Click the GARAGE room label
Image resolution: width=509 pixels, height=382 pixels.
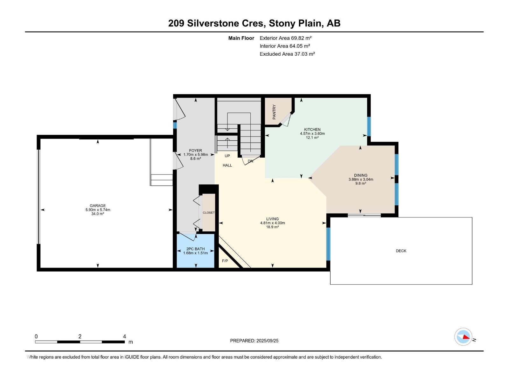[x=98, y=206]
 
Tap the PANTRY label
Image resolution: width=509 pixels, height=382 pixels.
[x=274, y=112]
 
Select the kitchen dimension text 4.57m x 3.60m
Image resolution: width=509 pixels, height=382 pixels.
[x=312, y=134]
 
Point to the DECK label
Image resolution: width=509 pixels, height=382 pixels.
[x=401, y=251]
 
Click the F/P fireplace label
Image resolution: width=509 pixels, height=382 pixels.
[x=225, y=261]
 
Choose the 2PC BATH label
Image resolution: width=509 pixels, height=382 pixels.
[x=195, y=249]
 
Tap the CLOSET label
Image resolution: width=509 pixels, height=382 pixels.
[x=209, y=213]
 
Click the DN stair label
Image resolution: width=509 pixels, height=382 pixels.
[x=250, y=161]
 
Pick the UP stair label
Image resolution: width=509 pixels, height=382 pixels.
[x=227, y=156]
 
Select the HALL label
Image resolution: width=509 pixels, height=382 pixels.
[x=227, y=165]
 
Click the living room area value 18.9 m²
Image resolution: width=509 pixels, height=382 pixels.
[x=272, y=227]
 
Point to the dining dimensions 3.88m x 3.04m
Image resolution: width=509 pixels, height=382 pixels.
[x=361, y=179]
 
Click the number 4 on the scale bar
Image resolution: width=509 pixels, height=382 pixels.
[x=124, y=336]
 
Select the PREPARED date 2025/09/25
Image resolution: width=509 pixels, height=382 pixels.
[x=267, y=341]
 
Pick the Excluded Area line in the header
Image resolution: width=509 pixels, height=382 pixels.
[x=287, y=54]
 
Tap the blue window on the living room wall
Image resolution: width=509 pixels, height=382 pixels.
[x=328, y=244]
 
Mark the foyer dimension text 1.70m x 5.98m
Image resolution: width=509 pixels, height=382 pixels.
[x=195, y=154]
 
